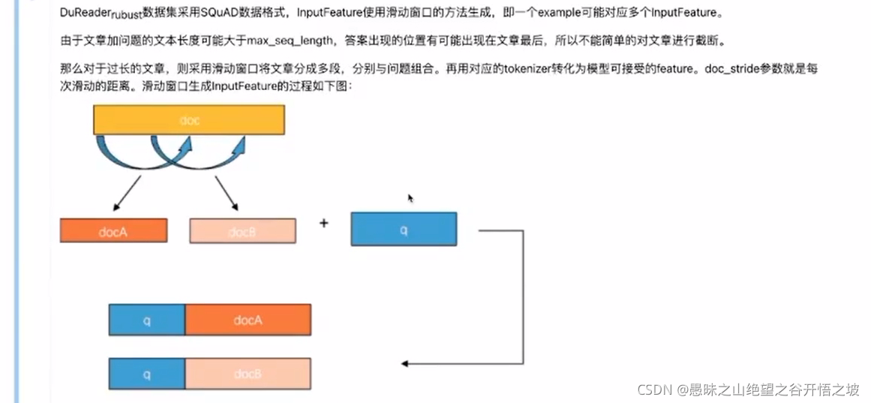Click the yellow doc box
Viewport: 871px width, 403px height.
pyautogui.click(x=189, y=120)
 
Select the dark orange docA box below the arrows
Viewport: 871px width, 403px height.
pyautogui.click(x=113, y=230)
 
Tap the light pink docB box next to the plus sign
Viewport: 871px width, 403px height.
pyautogui.click(x=242, y=230)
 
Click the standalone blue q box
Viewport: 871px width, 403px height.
pyautogui.click(x=404, y=229)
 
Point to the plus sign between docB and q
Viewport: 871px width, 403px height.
pyautogui.click(x=324, y=223)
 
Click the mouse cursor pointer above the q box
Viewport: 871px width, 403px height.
pyautogui.click(x=410, y=198)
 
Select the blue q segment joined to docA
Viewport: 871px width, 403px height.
pyautogui.click(x=147, y=320)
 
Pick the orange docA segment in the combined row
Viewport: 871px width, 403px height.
pyautogui.click(x=248, y=320)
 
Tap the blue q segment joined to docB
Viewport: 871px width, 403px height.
pyautogui.click(x=147, y=374)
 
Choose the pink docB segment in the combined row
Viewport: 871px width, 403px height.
pyautogui.click(x=248, y=374)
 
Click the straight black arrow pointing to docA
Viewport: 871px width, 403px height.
pyautogui.click(x=127, y=194)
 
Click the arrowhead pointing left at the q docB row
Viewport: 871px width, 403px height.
pyautogui.click(x=406, y=364)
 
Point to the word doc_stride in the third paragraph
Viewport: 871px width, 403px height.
pyautogui.click(x=736, y=68)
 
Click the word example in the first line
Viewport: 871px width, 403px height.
pyautogui.click(x=559, y=12)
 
